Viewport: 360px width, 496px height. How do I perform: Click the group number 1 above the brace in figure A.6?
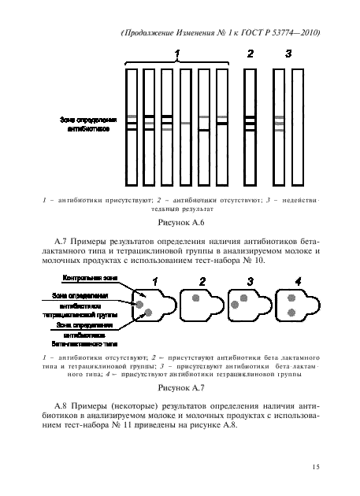(178, 54)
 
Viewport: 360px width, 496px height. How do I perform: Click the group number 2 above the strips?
(250, 54)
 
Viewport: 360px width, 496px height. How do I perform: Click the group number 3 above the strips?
(289, 54)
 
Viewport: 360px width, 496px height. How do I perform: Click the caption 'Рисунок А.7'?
(180, 387)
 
